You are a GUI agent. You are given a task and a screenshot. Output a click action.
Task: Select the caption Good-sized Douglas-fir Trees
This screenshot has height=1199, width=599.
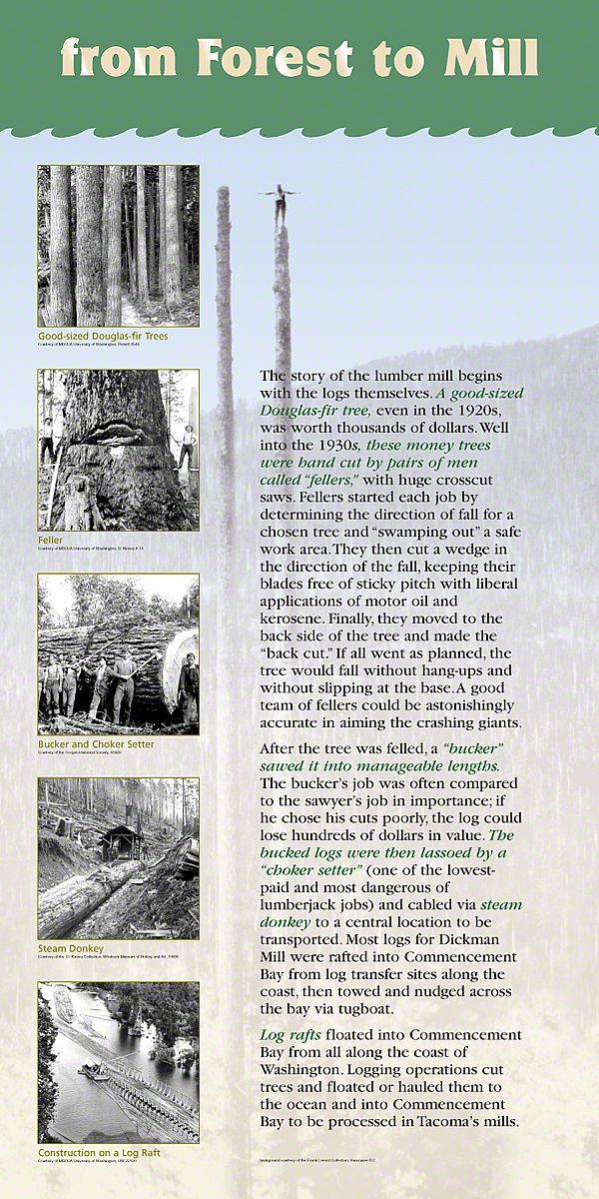click(103, 336)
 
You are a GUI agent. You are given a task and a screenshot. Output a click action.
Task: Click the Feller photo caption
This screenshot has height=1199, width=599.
click(51, 540)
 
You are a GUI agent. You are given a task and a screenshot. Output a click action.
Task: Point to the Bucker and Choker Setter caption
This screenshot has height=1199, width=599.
click(96, 743)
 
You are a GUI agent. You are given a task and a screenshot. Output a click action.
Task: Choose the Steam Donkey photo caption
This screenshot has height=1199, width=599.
click(71, 947)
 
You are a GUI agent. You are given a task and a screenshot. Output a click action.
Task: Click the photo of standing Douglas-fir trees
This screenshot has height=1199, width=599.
click(118, 246)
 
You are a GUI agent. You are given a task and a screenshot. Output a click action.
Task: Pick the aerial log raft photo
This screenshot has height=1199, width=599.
click(118, 1061)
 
